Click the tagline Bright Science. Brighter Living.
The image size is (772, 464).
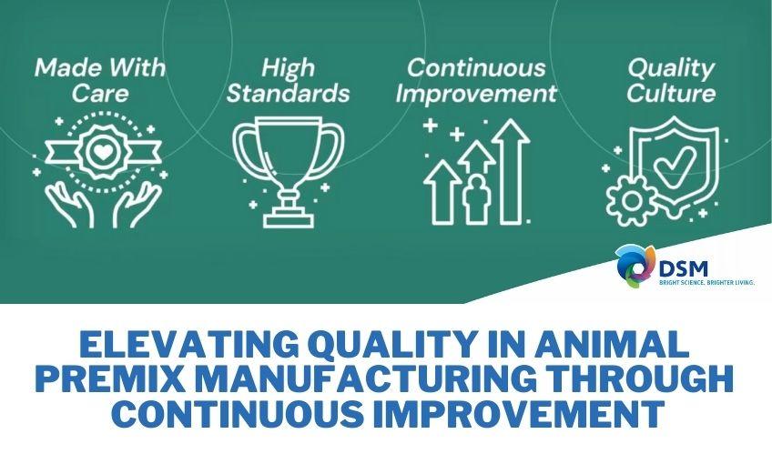point(706,283)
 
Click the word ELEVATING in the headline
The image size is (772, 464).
point(178,346)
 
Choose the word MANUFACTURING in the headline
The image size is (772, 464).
point(381,379)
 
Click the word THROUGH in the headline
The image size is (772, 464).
point(653,379)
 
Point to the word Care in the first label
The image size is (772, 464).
point(99,93)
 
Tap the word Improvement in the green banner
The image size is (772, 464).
point(478,93)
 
